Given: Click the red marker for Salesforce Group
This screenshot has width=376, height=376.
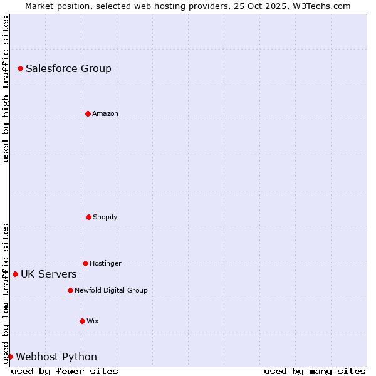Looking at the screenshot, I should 20,68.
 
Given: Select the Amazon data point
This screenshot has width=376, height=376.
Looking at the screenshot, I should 88,113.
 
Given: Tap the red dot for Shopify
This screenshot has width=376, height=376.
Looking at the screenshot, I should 88,217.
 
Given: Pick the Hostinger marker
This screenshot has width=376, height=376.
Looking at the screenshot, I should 85,263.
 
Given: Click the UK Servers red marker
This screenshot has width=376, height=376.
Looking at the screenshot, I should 15,274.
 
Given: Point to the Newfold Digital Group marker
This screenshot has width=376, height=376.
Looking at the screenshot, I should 70,290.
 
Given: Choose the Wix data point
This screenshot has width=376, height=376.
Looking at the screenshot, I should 82,321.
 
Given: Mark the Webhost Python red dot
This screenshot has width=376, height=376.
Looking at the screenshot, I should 10,357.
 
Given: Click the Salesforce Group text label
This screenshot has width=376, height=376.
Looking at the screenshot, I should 68,68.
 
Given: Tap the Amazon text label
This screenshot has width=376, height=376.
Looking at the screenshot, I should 105,113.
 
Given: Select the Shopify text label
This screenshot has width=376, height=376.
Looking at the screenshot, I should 105,217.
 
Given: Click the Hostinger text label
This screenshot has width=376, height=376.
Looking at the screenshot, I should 105,263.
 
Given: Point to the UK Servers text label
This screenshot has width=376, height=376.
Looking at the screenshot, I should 49,274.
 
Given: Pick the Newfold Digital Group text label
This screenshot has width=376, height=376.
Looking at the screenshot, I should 111,290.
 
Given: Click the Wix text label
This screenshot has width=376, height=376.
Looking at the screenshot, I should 93,321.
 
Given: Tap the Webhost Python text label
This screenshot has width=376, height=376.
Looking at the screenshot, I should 56,357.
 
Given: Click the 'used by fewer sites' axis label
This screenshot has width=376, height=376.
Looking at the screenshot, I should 65,371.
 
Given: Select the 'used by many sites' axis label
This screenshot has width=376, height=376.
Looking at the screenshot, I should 315,371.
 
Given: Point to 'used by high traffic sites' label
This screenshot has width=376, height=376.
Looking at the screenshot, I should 6,89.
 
